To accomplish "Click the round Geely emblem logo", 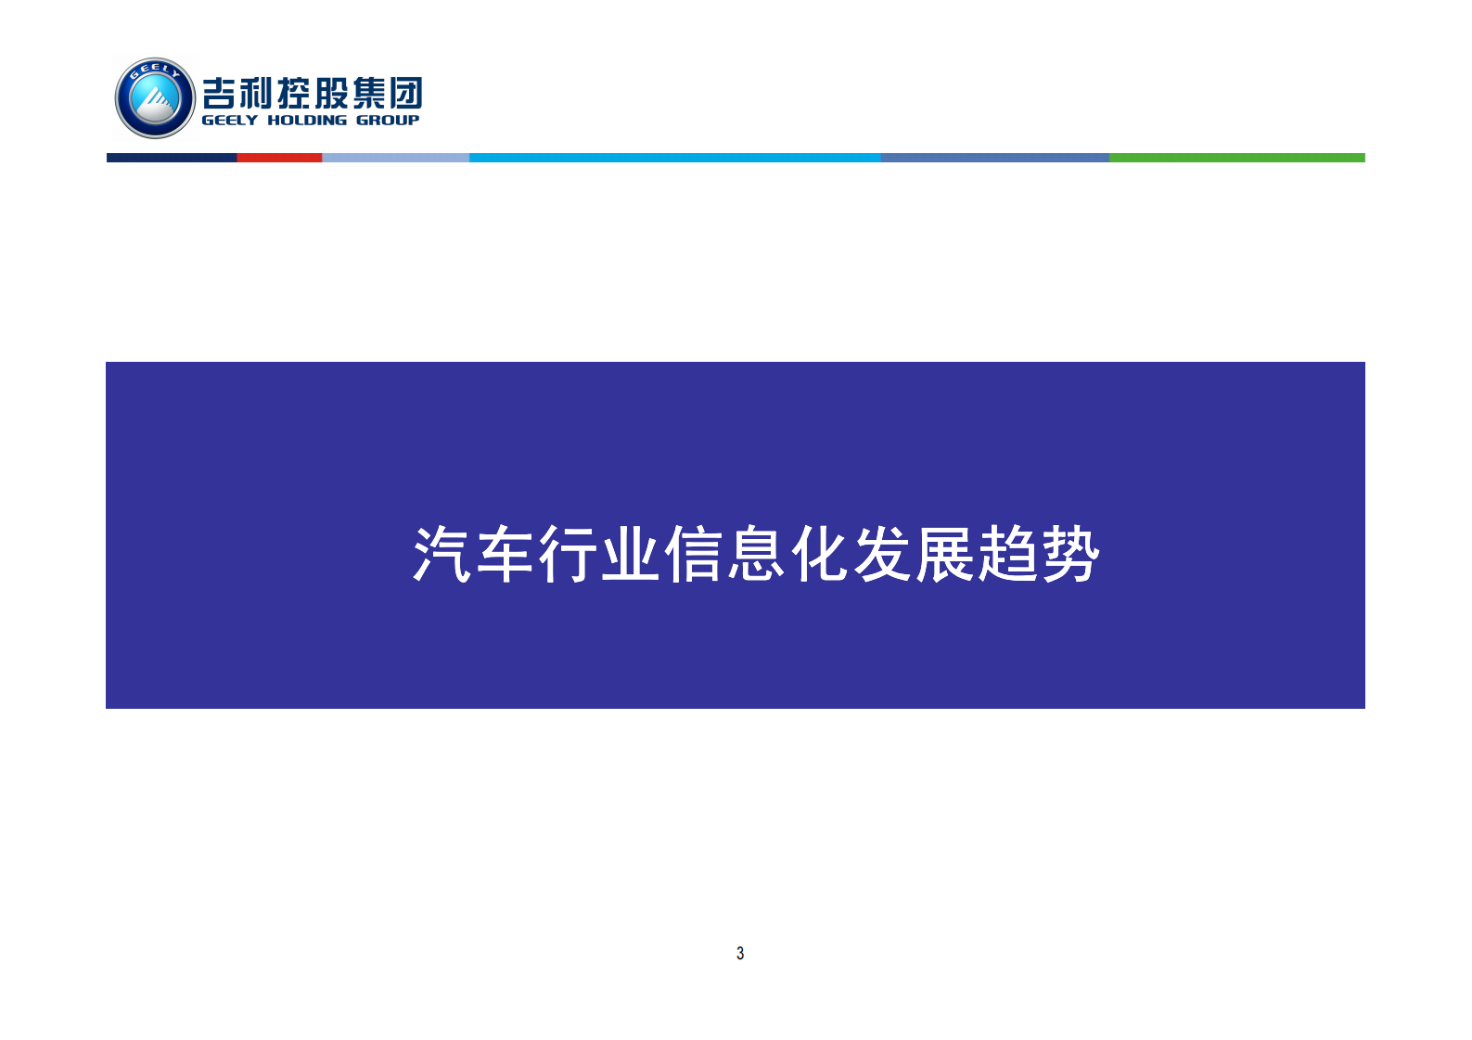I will tap(155, 98).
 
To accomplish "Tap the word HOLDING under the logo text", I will tap(307, 121).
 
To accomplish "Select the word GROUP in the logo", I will tap(388, 121).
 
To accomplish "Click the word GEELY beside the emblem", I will tap(229, 121).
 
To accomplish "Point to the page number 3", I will tap(740, 953).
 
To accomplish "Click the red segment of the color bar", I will tap(279, 158).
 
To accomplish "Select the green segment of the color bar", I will tap(1236, 158).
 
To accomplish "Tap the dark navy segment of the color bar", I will tap(172, 158).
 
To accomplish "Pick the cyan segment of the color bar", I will tap(674, 158).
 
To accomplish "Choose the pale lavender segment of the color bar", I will tap(395, 158).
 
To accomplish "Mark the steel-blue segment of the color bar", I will tap(994, 158).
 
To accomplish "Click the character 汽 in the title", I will tap(442, 555).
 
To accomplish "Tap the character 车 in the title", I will tap(506, 555).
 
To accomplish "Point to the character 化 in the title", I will tap(820, 555).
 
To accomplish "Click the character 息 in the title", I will tap(757, 555).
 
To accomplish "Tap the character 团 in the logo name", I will tap(406, 93).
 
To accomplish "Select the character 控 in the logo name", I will tap(295, 93).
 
